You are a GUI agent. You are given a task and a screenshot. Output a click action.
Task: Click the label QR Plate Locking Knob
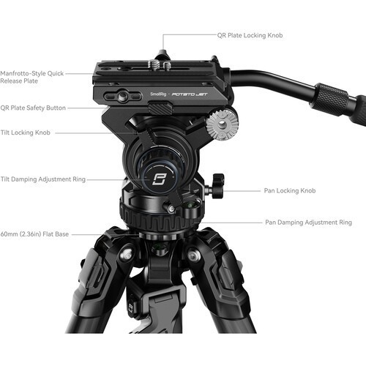250,34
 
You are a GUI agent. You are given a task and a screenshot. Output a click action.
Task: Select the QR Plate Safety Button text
33,108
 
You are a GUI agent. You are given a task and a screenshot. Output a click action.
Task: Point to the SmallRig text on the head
157,94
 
